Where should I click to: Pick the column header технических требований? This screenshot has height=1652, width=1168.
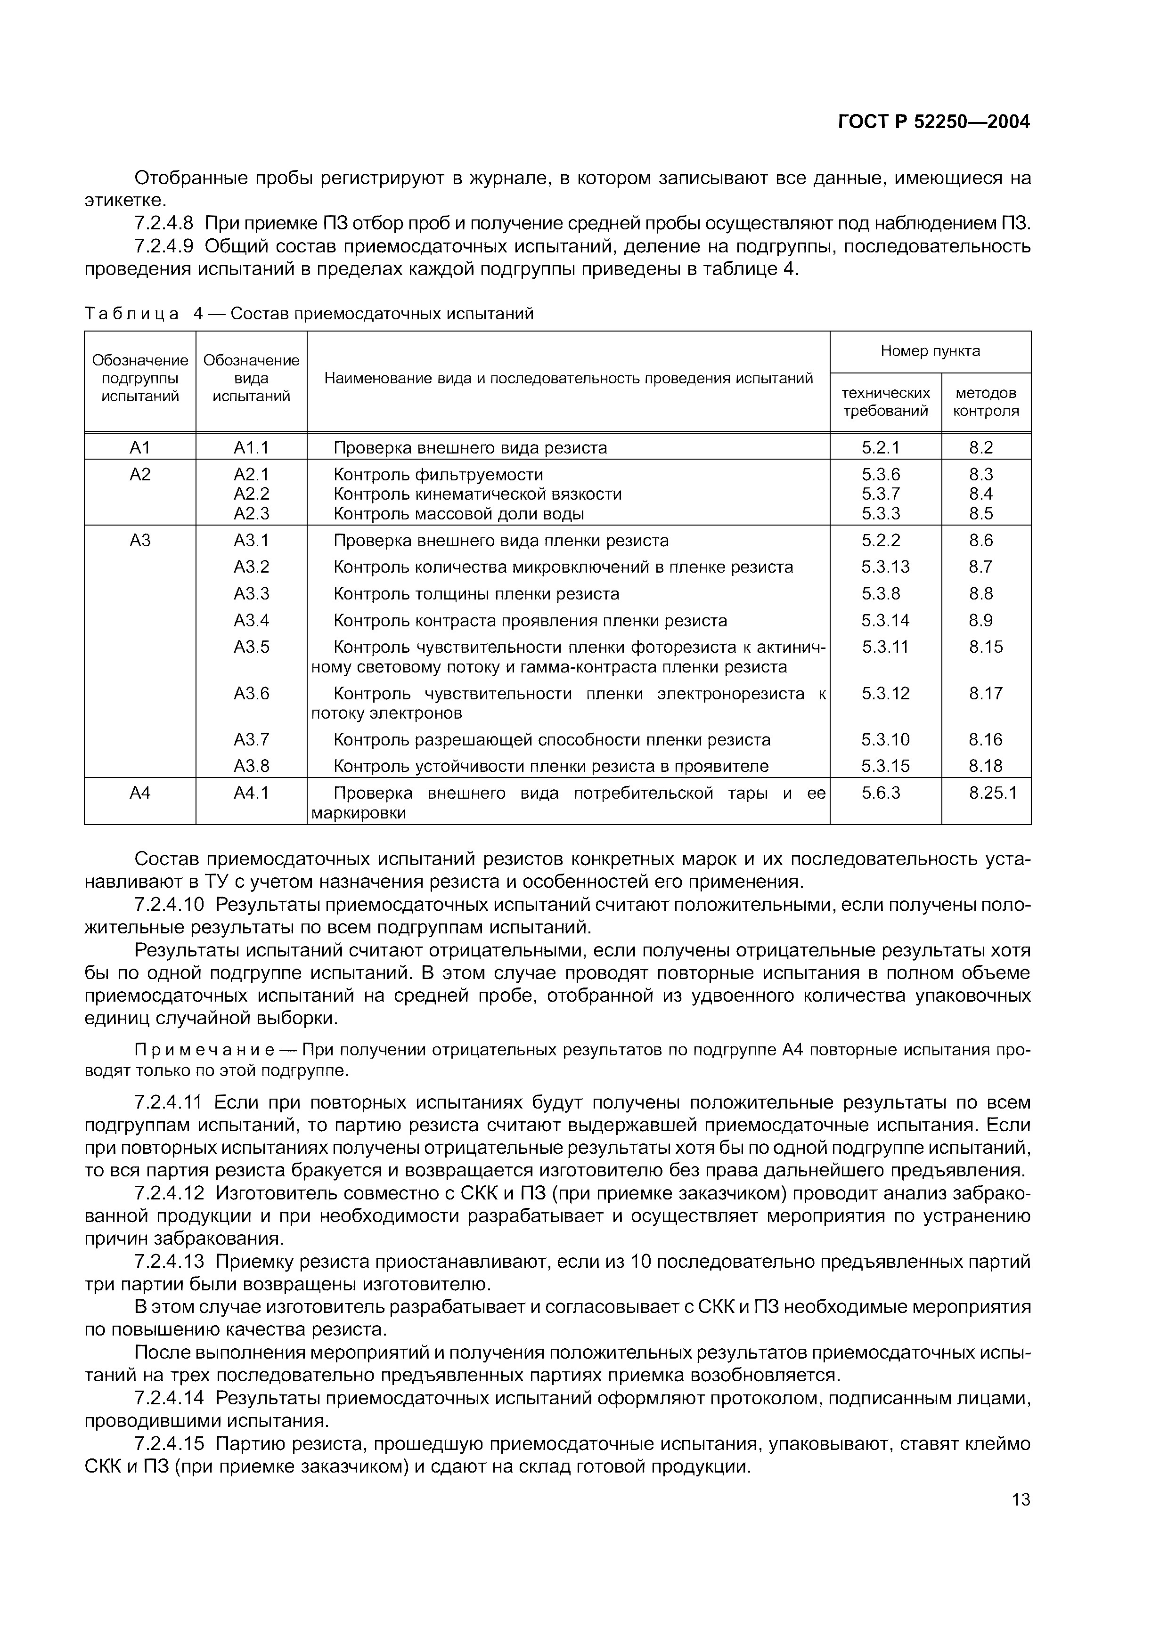coord(885,402)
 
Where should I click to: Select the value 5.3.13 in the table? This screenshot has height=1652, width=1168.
coord(885,567)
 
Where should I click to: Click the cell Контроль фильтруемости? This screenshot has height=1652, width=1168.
coord(438,475)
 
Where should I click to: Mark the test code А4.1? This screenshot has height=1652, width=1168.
coord(251,793)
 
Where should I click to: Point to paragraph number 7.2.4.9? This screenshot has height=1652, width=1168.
coord(164,247)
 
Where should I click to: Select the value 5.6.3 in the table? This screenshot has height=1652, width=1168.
coord(881,793)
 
